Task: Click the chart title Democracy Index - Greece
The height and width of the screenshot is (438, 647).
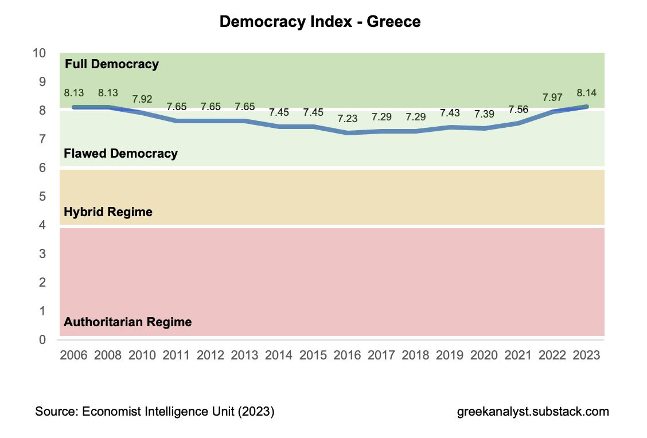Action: click(x=320, y=22)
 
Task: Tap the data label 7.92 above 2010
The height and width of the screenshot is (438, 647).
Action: click(x=142, y=99)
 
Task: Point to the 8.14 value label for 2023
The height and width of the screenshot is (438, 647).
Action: click(x=586, y=93)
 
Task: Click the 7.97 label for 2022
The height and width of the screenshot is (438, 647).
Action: click(x=552, y=97)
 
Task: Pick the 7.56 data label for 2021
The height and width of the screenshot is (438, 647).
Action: click(x=518, y=109)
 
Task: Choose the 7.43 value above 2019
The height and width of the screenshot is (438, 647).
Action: click(x=450, y=114)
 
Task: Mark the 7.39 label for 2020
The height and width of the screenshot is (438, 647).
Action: click(x=484, y=115)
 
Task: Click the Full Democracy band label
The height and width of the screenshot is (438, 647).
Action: click(x=111, y=64)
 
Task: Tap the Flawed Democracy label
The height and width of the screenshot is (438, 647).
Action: click(x=120, y=154)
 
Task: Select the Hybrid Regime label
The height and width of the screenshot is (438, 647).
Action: click(x=108, y=212)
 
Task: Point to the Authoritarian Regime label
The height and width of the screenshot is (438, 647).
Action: click(x=127, y=322)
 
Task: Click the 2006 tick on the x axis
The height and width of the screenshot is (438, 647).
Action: click(x=73, y=355)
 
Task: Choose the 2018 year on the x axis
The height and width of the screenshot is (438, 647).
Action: click(x=415, y=355)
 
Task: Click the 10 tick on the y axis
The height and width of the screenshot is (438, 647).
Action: click(x=39, y=53)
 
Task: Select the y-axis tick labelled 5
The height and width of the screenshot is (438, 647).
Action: click(x=42, y=197)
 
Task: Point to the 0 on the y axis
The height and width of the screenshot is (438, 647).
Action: click(x=42, y=340)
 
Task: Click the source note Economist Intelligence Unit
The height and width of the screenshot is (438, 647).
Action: click(x=155, y=412)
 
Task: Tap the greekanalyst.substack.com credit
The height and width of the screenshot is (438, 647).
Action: click(x=533, y=412)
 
